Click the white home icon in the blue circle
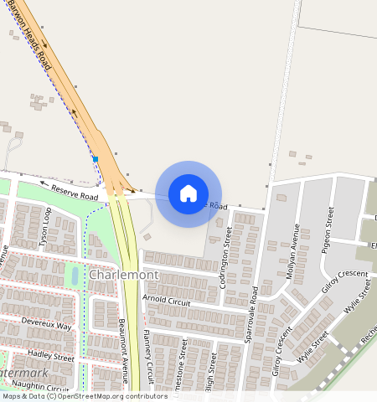(188, 193)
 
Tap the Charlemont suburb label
(123, 275)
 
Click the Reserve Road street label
(75, 192)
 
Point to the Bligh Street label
(213, 373)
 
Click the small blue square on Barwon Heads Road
(96, 158)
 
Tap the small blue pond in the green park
(75, 275)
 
